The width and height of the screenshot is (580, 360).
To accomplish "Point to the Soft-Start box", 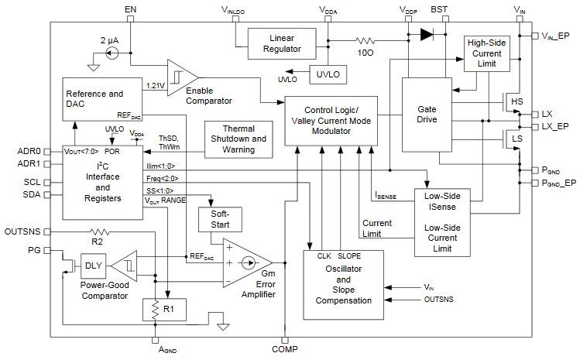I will tap(221, 219).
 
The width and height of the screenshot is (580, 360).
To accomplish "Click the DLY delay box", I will tap(94, 265).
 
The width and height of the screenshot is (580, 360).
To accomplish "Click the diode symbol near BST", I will tap(425, 34).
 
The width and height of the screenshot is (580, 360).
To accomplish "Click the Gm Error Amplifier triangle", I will tap(246, 263).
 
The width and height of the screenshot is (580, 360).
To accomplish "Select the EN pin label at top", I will tap(129, 9).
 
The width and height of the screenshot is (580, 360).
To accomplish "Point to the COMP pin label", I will tap(284, 350).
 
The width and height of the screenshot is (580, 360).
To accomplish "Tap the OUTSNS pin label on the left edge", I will tap(22, 231).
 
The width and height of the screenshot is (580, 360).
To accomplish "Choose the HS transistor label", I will tap(517, 101).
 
